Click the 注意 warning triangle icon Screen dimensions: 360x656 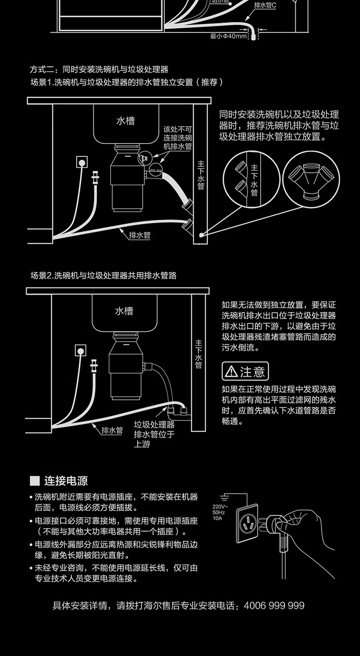(231, 371)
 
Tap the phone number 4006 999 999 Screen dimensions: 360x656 (274, 606)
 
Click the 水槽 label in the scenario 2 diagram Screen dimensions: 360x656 (124, 311)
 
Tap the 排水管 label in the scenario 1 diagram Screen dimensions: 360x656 (140, 236)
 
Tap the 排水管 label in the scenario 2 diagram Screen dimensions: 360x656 (112, 430)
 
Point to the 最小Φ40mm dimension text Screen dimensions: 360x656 (228, 36)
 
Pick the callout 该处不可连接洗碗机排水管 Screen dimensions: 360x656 (178, 138)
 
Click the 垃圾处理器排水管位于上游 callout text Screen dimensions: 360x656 (154, 434)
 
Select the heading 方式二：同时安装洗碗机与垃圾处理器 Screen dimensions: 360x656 (99, 70)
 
